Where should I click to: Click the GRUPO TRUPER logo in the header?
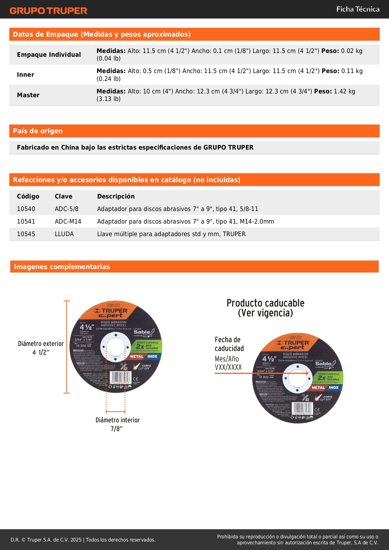pyautogui.click(x=48, y=11)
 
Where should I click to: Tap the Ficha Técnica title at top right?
pyautogui.click(x=358, y=9)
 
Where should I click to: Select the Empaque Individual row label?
pyautogui.click(x=49, y=55)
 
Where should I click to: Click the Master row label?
pyautogui.click(x=28, y=95)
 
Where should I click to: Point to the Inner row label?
pyautogui.click(x=25, y=75)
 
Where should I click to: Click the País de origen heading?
pyautogui.click(x=38, y=131)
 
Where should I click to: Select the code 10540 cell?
pyautogui.click(x=26, y=209)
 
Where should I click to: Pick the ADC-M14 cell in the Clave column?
pyautogui.click(x=68, y=221)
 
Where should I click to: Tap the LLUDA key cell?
pyautogui.click(x=64, y=234)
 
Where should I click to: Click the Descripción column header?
pyautogui.click(x=116, y=196)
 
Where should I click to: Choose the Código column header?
pyautogui.click(x=28, y=196)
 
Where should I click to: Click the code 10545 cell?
pyautogui.click(x=26, y=234)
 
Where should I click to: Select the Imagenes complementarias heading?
pyautogui.click(x=62, y=267)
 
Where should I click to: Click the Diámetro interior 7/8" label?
pyautogui.click(x=118, y=424)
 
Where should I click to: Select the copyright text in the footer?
pyautogui.click(x=83, y=540)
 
